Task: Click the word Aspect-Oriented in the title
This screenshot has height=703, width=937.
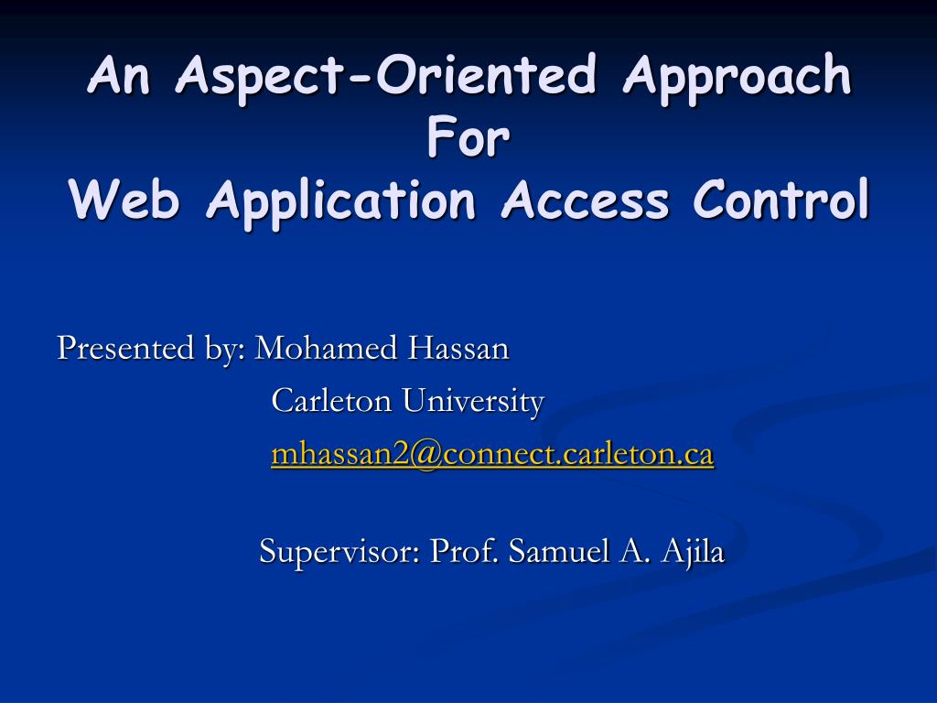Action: point(385,77)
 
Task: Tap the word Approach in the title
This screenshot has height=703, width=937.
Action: point(737,77)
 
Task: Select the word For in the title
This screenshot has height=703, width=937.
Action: point(468,138)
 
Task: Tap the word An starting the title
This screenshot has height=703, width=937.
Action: point(124,77)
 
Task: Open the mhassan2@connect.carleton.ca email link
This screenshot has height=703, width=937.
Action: point(491,454)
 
